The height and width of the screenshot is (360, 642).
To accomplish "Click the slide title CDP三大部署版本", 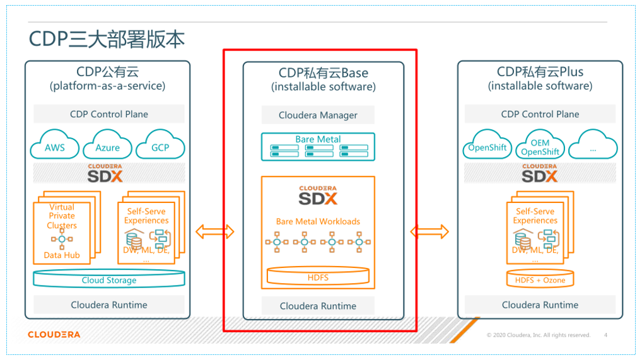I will coord(107,39).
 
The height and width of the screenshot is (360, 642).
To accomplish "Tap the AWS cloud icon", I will coord(54,148).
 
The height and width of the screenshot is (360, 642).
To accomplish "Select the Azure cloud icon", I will coord(108,148).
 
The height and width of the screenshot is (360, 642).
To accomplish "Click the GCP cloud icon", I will coord(160,148).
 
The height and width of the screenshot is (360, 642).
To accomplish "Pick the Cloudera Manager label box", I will coord(318,115).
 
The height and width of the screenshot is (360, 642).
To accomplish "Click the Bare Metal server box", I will coord(318,146).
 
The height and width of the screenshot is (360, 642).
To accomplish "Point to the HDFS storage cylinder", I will coord(318,277).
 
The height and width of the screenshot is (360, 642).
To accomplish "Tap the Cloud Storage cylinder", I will coord(108,280).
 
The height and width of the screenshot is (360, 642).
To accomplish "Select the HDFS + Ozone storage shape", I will coord(540,279).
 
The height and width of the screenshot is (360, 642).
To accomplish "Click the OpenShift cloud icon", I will coord(487,148).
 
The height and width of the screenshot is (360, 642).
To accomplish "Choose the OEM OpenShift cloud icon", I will coord(540,148).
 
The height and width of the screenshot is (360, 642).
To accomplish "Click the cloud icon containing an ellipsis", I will coord(592,148).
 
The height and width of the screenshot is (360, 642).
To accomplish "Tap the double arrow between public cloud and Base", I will coord(214,232).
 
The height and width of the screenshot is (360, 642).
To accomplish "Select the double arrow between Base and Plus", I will coord(429,232).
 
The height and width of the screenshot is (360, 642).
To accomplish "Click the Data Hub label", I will coord(62,255).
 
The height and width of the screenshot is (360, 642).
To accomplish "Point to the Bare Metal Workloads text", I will coord(318,221).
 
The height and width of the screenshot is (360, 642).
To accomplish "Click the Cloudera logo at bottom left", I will coord(54,334).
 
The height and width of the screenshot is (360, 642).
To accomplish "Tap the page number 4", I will coord(605,335).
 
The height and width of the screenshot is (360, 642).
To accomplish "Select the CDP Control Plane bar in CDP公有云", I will coord(108,114).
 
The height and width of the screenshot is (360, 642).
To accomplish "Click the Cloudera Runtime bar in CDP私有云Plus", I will coord(540,305).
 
